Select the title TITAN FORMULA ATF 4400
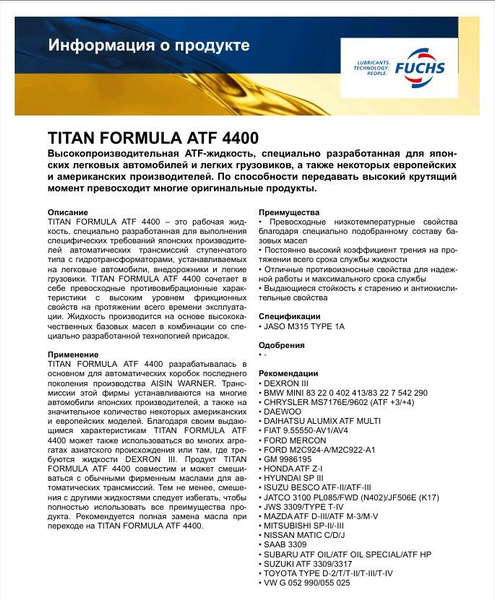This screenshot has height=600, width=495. tap(154, 138)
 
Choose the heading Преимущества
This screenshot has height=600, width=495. tap(289, 213)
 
